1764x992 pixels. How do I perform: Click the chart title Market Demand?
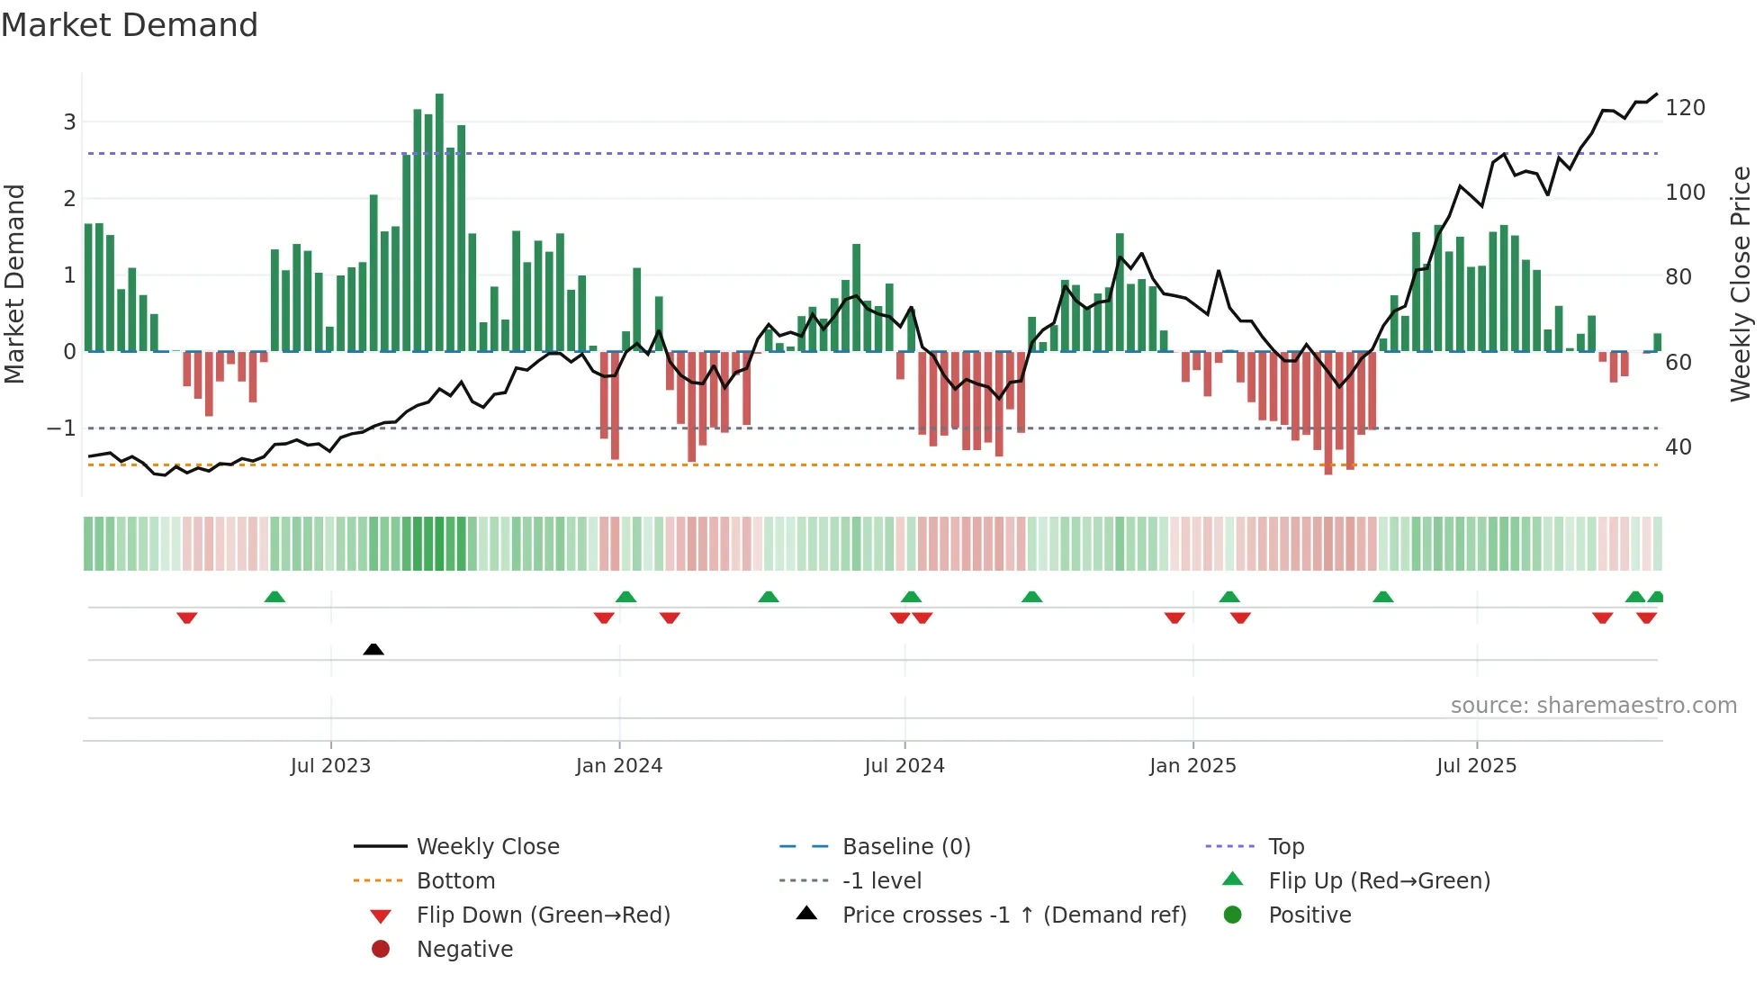[130, 25]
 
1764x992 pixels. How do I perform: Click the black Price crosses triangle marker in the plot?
[373, 649]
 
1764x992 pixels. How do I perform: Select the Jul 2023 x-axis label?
[330, 766]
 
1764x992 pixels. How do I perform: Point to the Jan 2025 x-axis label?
[1192, 766]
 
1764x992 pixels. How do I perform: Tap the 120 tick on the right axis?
[1685, 108]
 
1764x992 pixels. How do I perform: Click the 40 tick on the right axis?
[1678, 447]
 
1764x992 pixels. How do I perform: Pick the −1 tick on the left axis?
[61, 428]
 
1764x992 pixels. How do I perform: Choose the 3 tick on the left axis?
[69, 122]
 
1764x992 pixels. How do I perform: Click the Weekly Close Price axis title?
[1741, 284]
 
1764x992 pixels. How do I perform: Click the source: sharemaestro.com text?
[1593, 706]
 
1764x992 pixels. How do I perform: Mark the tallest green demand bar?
[439, 221]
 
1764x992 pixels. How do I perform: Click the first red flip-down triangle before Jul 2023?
[187, 618]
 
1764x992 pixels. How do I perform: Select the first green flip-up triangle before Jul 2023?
[274, 597]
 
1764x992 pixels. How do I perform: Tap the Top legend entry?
[1286, 847]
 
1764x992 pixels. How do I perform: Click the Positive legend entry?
[1309, 915]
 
